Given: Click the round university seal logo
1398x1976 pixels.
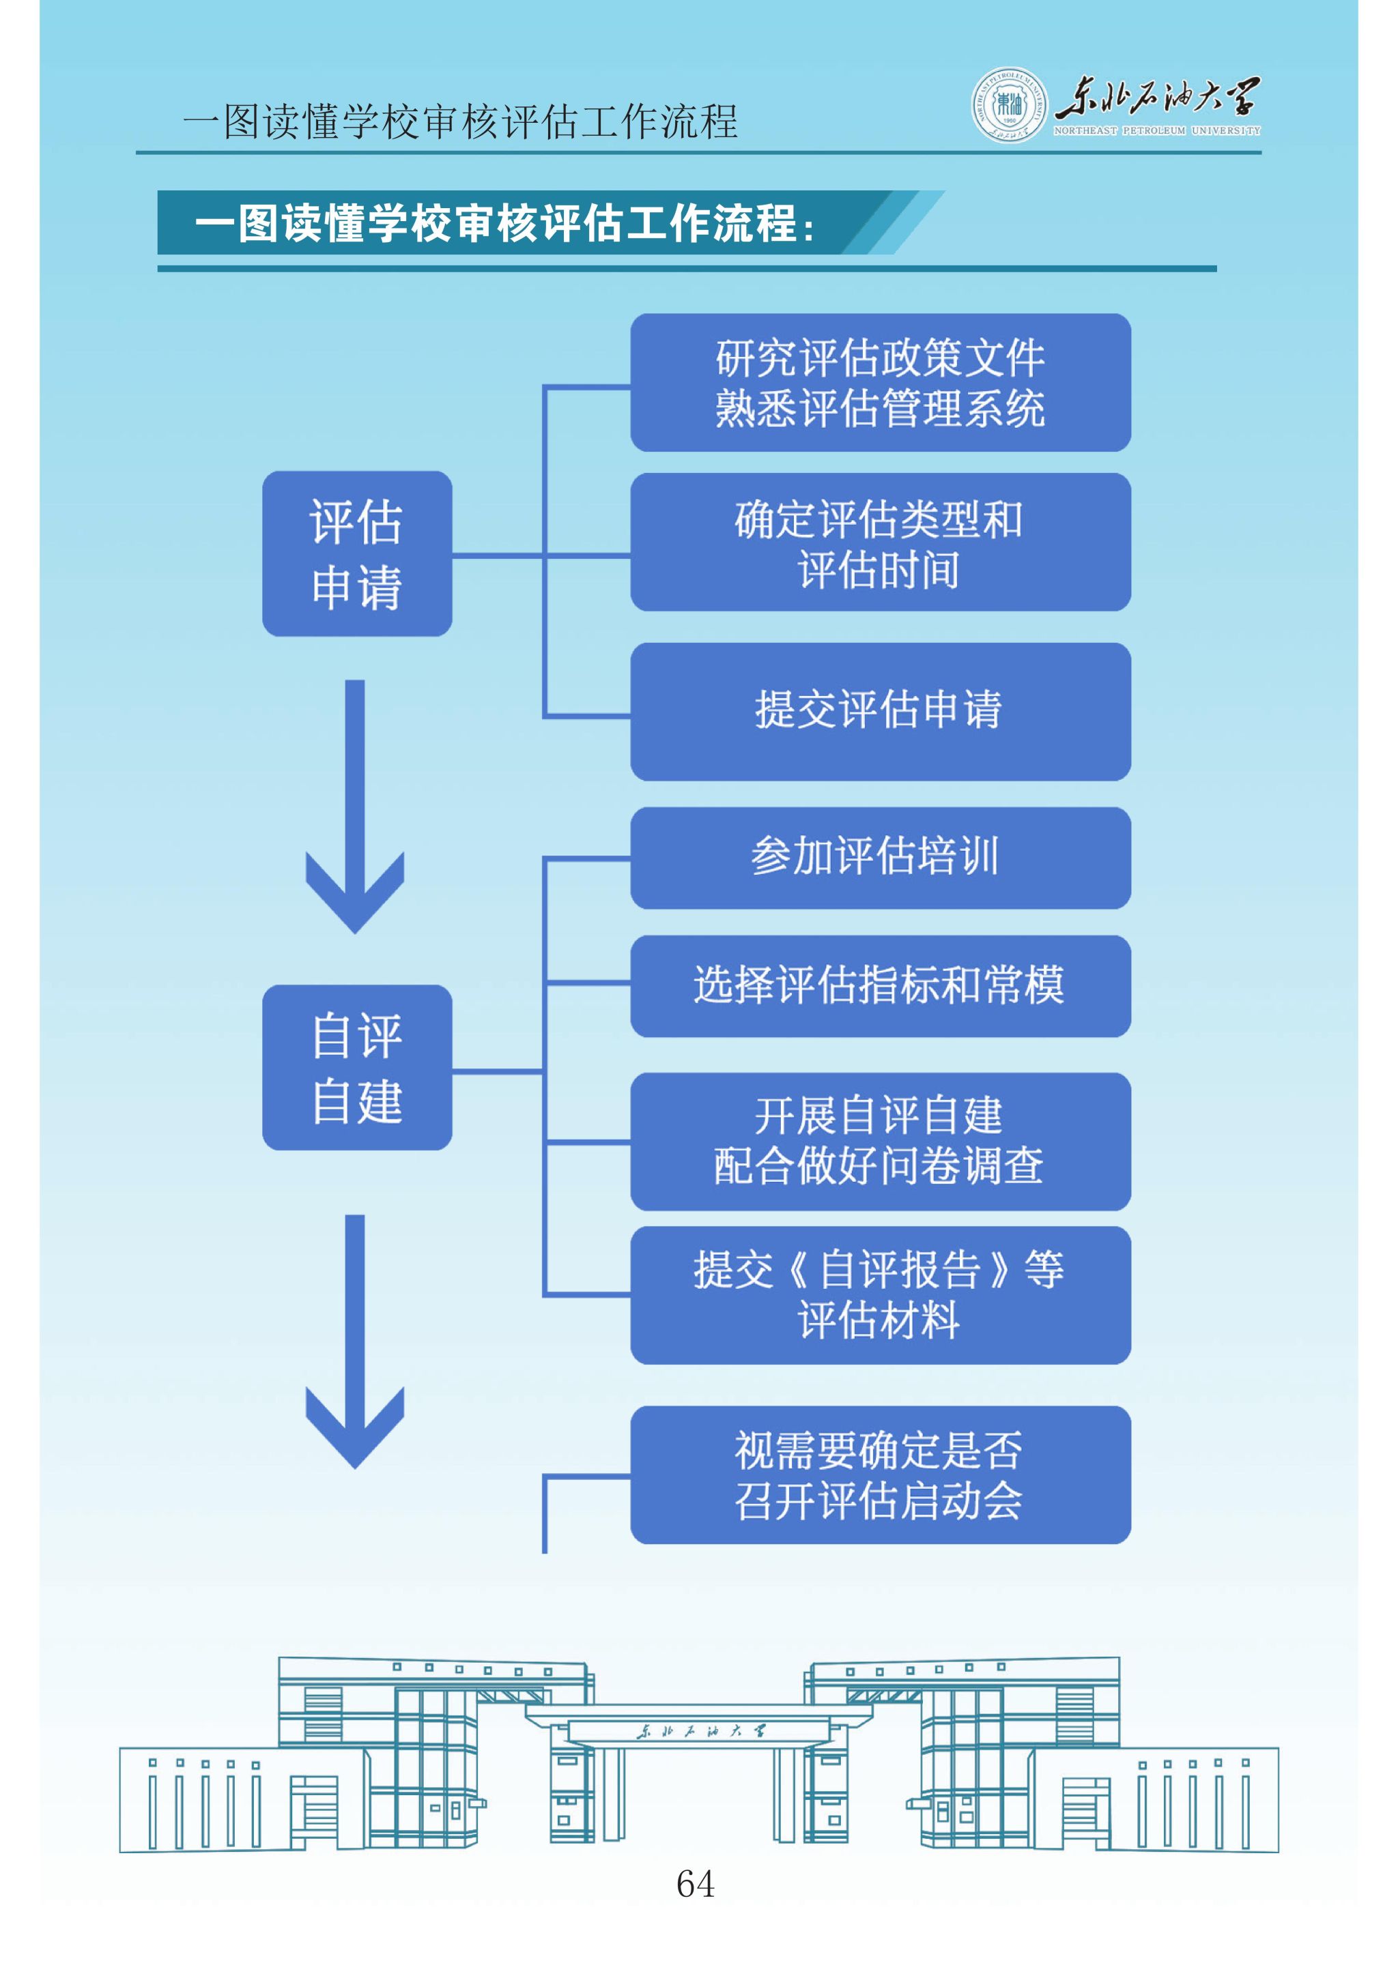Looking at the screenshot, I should (x=1009, y=104).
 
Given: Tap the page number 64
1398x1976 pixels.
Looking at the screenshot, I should (x=695, y=1883).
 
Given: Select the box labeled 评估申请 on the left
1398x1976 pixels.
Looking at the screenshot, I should (x=356, y=553).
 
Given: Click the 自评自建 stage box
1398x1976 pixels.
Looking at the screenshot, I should (x=356, y=1067).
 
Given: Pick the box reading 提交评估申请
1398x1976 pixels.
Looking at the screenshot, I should (x=880, y=711).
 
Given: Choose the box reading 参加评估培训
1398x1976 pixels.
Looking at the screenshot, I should (x=880, y=857).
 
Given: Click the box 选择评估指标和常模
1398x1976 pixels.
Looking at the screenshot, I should (x=880, y=985).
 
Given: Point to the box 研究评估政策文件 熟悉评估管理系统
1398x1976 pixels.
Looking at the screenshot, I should (x=880, y=382).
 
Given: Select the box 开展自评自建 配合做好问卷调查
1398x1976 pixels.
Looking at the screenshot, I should (x=880, y=1142).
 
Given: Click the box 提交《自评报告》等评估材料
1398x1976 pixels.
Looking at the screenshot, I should (x=880, y=1294).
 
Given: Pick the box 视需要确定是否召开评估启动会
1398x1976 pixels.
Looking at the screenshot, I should (x=880, y=1474).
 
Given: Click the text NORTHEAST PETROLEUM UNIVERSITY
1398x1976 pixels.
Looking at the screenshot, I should (x=1156, y=131).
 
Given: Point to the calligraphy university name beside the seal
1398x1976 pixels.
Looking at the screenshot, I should (x=1156, y=96).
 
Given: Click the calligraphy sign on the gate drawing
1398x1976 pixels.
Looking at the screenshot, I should (x=699, y=1731).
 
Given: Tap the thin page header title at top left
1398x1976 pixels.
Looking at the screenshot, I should (x=461, y=121).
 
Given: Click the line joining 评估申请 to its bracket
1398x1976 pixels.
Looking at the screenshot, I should (x=498, y=556).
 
